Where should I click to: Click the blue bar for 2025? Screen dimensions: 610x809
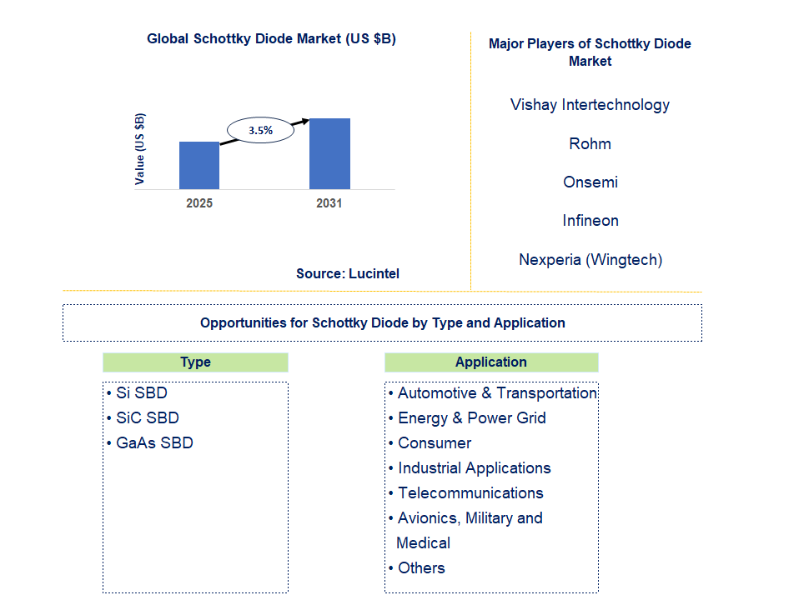(x=199, y=165)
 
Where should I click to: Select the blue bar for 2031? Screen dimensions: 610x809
(x=329, y=153)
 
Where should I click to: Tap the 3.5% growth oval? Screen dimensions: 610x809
(x=260, y=130)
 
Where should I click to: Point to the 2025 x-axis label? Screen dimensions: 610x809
(x=199, y=203)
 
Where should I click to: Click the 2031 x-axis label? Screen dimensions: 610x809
(x=329, y=203)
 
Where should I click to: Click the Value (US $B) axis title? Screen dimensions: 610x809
(x=140, y=148)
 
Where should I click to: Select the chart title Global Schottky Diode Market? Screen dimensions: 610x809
(x=271, y=38)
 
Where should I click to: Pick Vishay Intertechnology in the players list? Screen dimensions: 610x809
(x=590, y=105)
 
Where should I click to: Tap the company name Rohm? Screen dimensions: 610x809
(x=590, y=144)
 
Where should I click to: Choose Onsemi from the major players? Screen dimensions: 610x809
(x=590, y=182)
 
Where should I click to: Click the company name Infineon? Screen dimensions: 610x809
(x=590, y=221)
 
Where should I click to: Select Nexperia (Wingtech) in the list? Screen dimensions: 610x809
(x=590, y=260)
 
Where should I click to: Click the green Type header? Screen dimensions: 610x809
(x=195, y=362)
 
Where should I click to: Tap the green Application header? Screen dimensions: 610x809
(x=491, y=362)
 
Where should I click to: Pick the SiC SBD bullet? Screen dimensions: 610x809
(x=147, y=418)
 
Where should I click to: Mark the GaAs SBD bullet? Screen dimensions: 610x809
(x=153, y=443)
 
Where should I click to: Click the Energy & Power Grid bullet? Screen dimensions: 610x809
(x=471, y=418)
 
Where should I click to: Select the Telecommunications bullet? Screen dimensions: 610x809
(x=470, y=493)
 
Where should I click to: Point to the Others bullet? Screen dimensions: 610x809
(x=421, y=568)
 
